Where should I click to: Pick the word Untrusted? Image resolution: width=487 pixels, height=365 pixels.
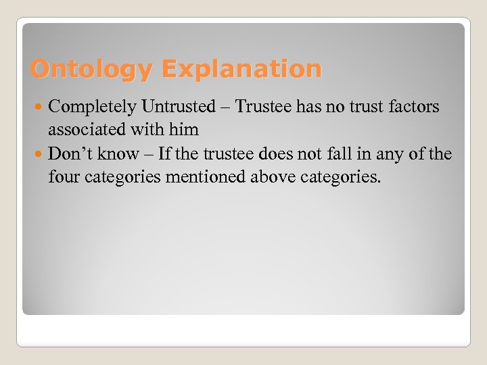[x=179, y=107]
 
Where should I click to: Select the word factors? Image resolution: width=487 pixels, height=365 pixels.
[x=412, y=107]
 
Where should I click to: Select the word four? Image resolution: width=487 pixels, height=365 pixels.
[x=64, y=178]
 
